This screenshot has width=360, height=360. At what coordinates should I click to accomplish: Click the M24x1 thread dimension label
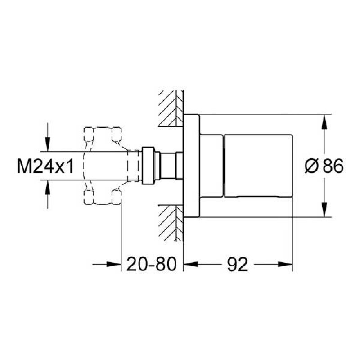tap(45, 167)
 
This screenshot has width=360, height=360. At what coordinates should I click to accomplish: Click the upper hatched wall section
tap(171, 108)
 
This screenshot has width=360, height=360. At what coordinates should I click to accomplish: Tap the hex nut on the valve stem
tap(148, 166)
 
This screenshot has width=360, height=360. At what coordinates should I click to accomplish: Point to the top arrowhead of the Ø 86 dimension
tap(323, 121)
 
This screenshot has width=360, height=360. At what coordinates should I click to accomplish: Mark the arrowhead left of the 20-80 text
tap(115, 265)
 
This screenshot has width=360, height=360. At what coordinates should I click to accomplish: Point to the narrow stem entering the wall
tap(168, 166)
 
